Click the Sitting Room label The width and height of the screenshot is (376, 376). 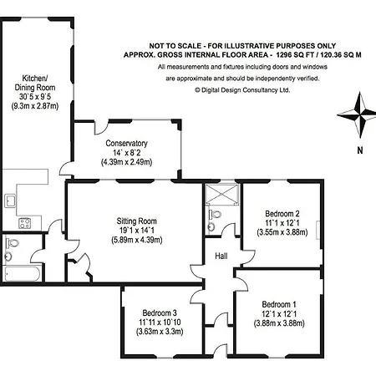pos(136,221)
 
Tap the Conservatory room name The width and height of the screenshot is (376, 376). pos(126,144)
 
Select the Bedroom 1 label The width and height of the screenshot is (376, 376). pos(279,304)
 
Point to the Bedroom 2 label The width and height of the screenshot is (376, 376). pos(282,214)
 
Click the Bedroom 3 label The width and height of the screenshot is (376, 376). pos(160,312)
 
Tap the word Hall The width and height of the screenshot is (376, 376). pos(221,256)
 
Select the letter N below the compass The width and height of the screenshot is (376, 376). pos(360,150)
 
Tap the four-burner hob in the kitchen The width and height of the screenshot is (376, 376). pos(25,223)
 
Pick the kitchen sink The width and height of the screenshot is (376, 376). pos(10,201)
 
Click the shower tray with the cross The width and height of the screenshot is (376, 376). pos(222,195)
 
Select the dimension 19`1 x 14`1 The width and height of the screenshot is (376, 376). pos(136,231)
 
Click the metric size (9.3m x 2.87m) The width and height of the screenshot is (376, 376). pos(35,106)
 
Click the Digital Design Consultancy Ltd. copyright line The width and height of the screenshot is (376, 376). pos(242,90)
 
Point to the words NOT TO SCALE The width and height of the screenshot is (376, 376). pos(175,46)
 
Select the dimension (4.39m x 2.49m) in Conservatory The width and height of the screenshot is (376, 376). pos(126,162)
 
